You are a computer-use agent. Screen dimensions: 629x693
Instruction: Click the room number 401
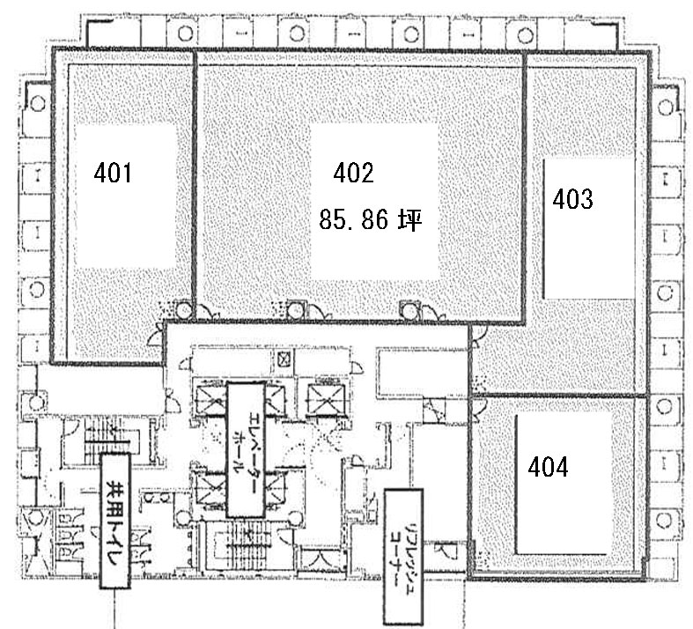[113, 174]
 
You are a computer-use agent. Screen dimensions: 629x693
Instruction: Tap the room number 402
[354, 174]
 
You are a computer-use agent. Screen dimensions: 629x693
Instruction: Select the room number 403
[572, 200]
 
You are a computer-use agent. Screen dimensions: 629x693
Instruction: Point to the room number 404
[548, 467]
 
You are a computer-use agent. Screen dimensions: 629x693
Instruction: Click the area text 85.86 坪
[370, 220]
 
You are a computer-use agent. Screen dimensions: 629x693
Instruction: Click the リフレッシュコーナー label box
[404, 557]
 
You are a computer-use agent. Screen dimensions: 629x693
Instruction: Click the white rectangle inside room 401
[125, 194]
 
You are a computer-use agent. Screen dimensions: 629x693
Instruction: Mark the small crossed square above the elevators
[283, 359]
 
